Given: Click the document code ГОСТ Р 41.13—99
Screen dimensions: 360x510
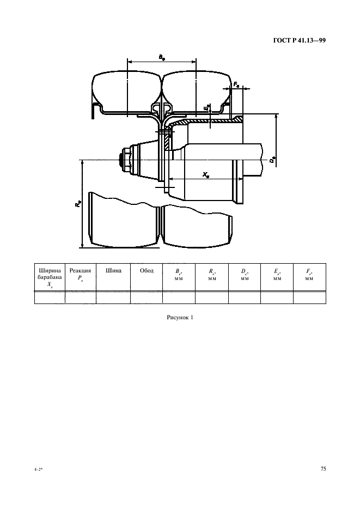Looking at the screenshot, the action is pos(300,41).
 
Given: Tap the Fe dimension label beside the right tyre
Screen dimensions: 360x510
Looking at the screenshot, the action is pos(236,84).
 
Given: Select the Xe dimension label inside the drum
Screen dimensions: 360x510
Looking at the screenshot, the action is pos(206,175).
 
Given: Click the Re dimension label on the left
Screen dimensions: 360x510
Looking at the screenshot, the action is pos(78,204).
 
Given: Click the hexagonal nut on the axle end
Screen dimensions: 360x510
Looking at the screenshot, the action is pos(125,160).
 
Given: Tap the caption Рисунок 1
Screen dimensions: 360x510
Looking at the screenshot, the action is pos(180,317).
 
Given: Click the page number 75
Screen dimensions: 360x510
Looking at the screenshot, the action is pos(323,469).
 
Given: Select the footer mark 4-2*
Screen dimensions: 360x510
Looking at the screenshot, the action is pos(38,470).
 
